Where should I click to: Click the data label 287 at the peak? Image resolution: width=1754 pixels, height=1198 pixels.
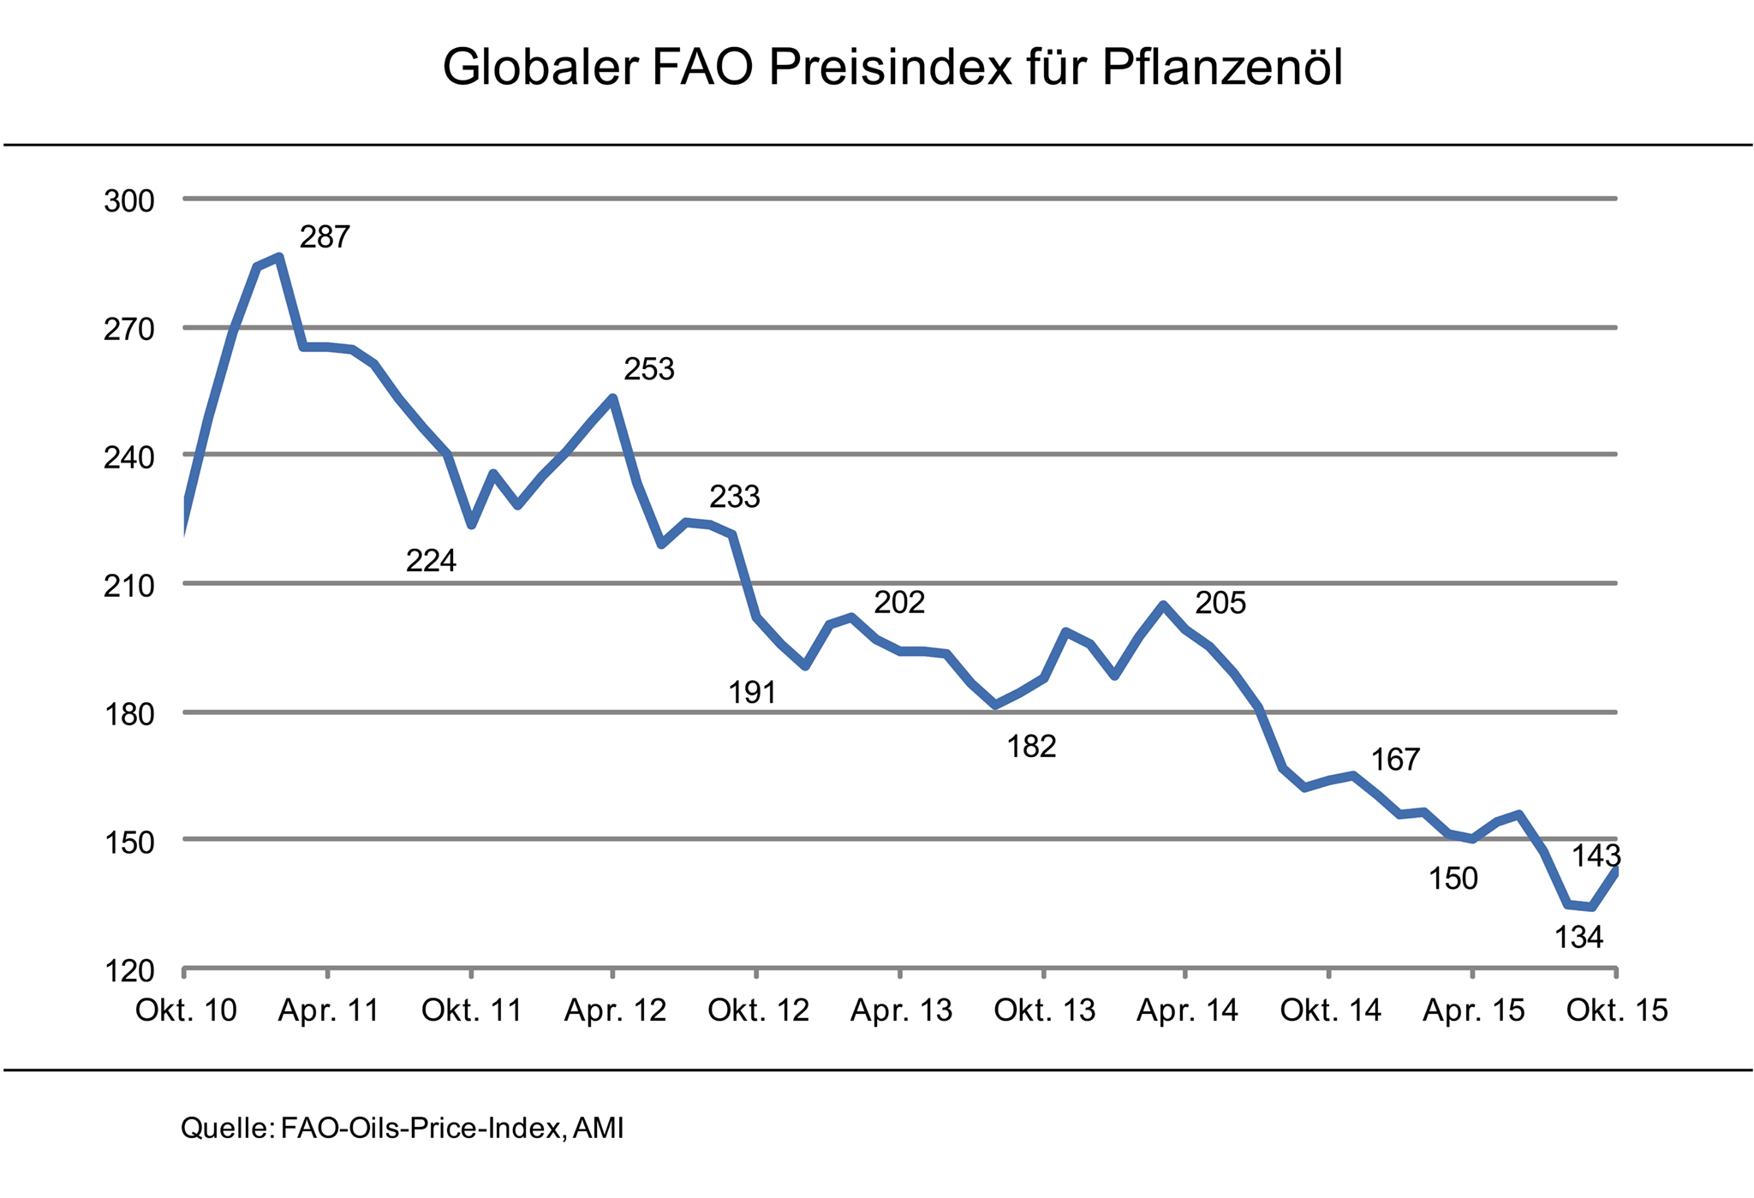[325, 237]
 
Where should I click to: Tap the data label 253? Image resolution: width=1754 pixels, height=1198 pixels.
[649, 370]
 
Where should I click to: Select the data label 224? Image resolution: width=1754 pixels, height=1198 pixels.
[431, 562]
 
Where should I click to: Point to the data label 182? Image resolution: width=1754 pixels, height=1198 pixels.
[1031, 748]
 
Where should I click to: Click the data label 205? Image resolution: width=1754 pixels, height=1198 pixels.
[1220, 605]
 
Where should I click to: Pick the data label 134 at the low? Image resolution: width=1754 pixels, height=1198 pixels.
[1578, 939]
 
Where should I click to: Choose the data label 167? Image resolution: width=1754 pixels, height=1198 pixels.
[1396, 760]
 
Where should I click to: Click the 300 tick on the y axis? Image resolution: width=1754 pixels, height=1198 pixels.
[128, 202]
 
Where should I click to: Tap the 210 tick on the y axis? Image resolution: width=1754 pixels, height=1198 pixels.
[128, 587]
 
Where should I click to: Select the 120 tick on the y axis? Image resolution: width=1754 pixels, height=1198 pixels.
[128, 971]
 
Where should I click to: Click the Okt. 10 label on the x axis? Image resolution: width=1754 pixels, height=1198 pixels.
[186, 1011]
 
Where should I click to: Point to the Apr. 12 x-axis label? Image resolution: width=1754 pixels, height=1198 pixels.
[615, 1011]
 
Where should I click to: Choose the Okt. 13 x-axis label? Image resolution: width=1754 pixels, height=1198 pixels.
[1044, 1011]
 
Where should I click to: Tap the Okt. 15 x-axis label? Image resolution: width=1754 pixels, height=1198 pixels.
[1617, 1011]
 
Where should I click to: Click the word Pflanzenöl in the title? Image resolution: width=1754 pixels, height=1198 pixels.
[1222, 69]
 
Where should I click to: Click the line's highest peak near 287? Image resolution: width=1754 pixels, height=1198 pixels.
[279, 257]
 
